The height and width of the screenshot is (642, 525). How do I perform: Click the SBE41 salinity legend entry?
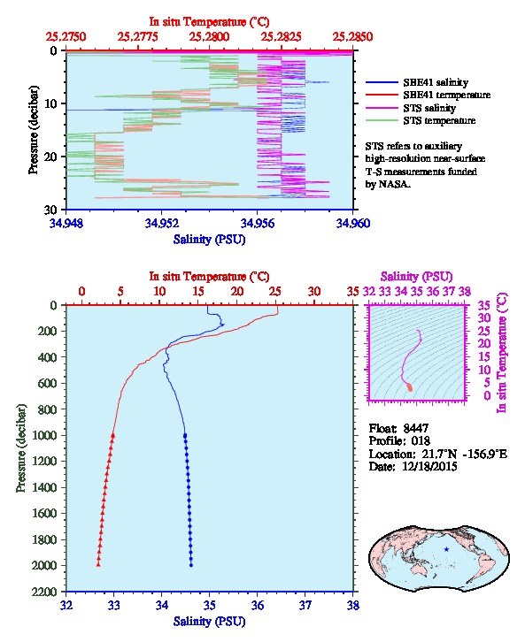pyautogui.click(x=417, y=82)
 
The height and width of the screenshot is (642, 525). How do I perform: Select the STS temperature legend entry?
pyautogui.click(x=421, y=120)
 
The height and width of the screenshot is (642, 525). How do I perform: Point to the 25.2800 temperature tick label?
pyautogui.click(x=210, y=37)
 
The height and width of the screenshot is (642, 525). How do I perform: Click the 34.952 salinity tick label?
pyautogui.click(x=162, y=224)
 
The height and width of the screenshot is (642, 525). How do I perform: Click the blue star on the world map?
pyautogui.click(x=446, y=549)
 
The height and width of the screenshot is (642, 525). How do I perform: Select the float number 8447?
pyautogui.click(x=415, y=428)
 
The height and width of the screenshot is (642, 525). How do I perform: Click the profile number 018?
pyautogui.click(x=421, y=441)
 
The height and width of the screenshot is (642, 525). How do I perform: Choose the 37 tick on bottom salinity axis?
pyautogui.click(x=305, y=605)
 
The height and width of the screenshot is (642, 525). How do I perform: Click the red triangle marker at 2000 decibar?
pyautogui.click(x=98, y=565)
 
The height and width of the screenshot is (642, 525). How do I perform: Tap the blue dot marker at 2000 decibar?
pyautogui.click(x=191, y=565)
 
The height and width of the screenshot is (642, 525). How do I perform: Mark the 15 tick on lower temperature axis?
pyautogui.click(x=198, y=292)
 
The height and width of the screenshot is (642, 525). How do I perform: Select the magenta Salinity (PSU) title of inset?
pyautogui.click(x=416, y=277)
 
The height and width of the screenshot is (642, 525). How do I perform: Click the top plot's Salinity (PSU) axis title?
pyautogui.click(x=209, y=239)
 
